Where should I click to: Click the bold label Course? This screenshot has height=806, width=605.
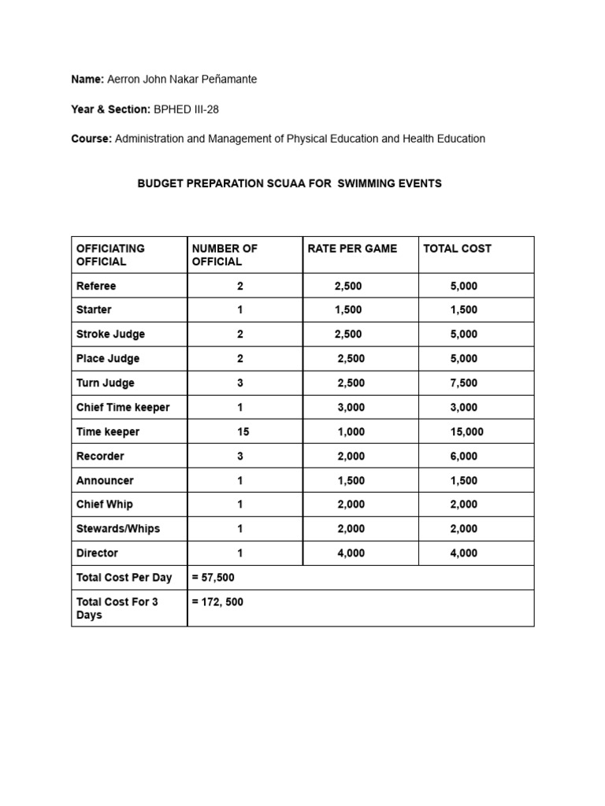91,139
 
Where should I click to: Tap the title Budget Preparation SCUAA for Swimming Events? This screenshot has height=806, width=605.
290,183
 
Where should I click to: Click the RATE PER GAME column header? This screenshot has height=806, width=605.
352,249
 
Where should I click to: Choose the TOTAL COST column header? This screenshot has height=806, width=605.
457,249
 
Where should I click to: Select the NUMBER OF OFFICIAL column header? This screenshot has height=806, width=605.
225,255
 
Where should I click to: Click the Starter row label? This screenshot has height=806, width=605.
94,310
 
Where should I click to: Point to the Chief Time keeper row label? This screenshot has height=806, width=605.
122,408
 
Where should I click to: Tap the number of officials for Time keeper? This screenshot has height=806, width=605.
240,432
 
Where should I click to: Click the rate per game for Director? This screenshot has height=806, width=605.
351,553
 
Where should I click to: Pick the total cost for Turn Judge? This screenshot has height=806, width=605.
464,383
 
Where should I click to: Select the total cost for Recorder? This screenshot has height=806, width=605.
464,457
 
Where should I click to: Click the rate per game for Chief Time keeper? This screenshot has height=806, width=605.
351,408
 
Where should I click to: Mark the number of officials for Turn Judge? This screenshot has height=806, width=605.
240,383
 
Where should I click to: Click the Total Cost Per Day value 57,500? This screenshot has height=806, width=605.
213,578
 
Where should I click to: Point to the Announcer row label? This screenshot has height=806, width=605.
105,481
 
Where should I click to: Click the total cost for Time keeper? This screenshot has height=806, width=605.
467,432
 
